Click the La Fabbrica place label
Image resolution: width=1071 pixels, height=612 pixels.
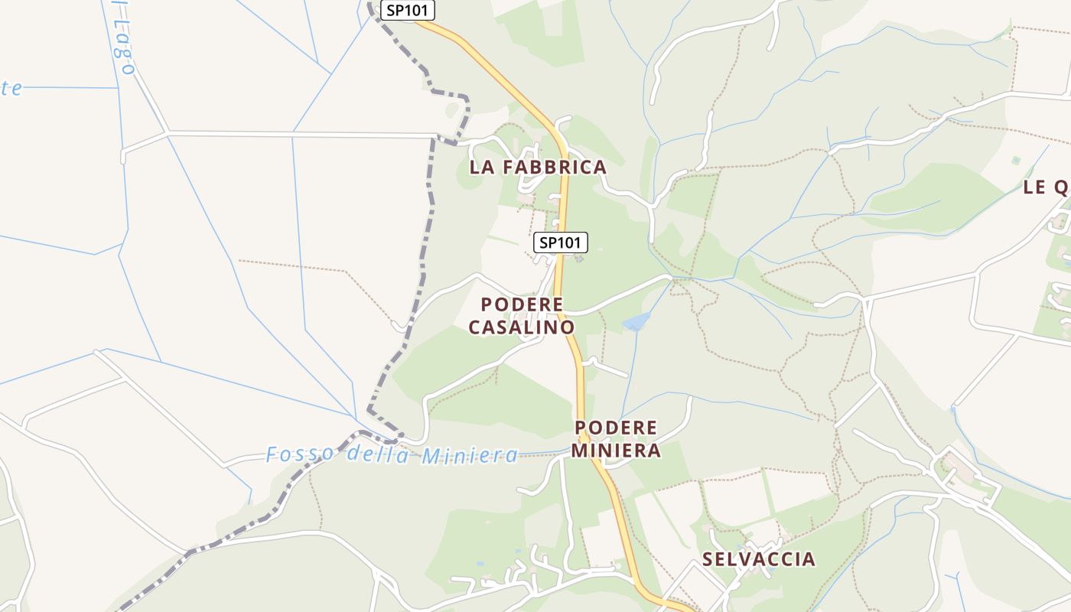[x=537, y=167]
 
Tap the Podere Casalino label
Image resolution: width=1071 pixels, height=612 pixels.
[x=522, y=316]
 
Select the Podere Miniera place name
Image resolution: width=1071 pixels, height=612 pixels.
[x=616, y=438]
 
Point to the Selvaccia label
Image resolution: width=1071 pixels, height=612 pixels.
[x=758, y=558]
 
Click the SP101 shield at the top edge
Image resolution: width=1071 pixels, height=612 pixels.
[x=409, y=10]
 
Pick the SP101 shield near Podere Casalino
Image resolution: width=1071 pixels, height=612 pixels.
[x=561, y=243]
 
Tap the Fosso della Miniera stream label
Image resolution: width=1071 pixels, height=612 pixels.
[x=392, y=454]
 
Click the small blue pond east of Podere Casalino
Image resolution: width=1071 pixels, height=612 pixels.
[x=636, y=321]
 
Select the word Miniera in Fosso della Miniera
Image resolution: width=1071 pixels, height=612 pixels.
[x=470, y=456]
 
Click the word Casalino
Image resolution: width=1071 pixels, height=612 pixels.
[x=522, y=327]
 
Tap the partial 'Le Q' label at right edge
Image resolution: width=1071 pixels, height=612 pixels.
[x=1046, y=187]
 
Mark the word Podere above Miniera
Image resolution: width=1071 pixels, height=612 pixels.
[x=616, y=427]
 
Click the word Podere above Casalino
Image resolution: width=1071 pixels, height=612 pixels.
[x=522, y=304]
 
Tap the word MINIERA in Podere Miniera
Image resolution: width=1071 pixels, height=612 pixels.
[x=616, y=451]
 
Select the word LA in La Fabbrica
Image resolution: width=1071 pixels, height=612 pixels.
[x=481, y=167]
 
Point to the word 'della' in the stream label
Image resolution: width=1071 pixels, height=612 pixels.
[x=374, y=454]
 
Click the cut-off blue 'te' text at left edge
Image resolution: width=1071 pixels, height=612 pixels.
[x=11, y=88]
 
